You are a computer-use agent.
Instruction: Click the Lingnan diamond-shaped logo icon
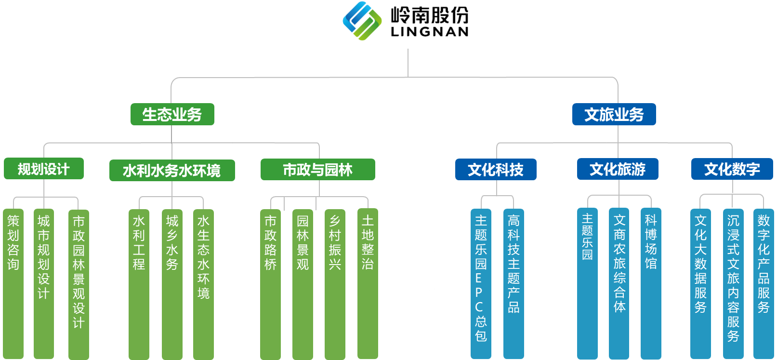pyautogui.click(x=362, y=21)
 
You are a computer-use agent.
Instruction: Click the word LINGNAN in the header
pyautogui.click(x=429, y=32)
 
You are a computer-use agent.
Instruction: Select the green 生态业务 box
pyautogui.click(x=172, y=114)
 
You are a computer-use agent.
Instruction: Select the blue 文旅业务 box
pyautogui.click(x=614, y=114)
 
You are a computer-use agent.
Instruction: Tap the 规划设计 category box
pyautogui.click(x=43, y=169)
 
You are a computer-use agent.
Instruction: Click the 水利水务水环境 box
pyautogui.click(x=172, y=170)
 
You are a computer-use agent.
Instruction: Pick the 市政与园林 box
pyautogui.click(x=317, y=169)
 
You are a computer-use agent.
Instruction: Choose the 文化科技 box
pyautogui.click(x=495, y=169)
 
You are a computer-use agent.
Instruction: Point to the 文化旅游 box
pyautogui.click(x=617, y=169)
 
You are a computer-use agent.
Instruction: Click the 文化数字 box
pyautogui.click(x=732, y=169)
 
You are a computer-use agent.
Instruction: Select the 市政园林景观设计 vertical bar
pyautogui.click(x=79, y=284)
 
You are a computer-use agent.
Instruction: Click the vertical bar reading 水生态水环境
pyautogui.click(x=203, y=284)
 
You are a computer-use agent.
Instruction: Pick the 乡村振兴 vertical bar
pyautogui.click(x=335, y=284)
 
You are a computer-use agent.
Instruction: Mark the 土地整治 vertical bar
pyautogui.click(x=368, y=284)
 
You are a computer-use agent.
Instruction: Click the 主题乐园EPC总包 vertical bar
pyautogui.click(x=481, y=284)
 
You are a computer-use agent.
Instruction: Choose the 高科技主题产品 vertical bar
pyautogui.click(x=514, y=284)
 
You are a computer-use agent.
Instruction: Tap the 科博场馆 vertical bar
pyautogui.click(x=651, y=284)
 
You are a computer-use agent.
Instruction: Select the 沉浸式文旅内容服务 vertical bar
pyautogui.click(x=733, y=284)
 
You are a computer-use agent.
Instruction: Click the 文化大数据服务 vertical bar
pyautogui.click(x=700, y=284)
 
